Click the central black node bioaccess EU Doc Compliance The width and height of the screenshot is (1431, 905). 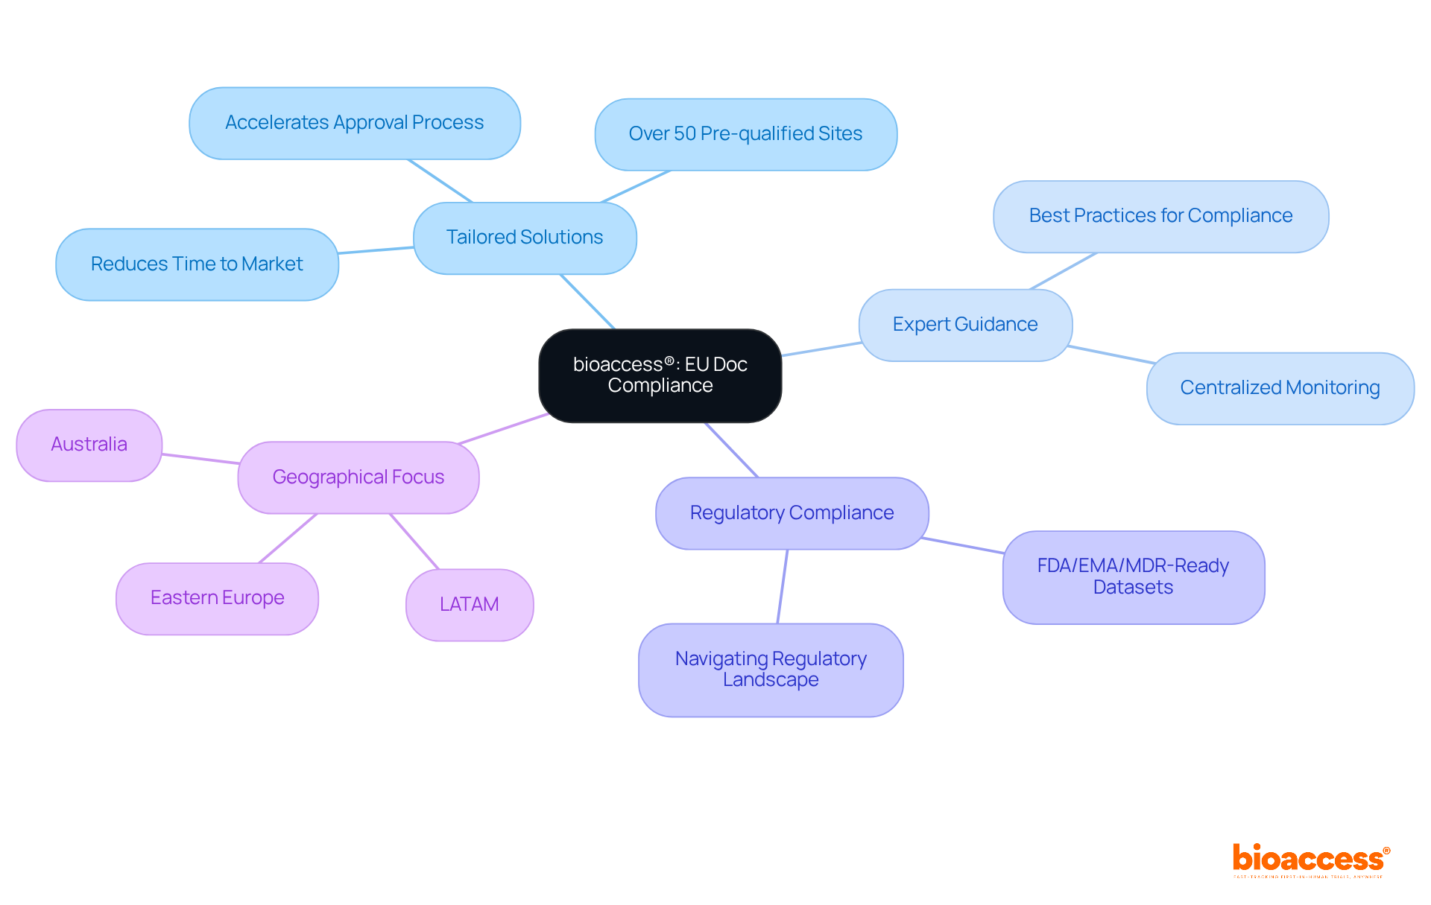660,375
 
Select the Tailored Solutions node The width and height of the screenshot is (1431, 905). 525,238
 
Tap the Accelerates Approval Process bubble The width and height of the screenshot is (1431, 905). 355,123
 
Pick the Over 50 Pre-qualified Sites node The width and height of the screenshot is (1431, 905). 745,134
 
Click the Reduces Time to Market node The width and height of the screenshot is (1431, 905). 197,264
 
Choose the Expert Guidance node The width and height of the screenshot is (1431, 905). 965,325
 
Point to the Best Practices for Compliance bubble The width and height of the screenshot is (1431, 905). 1160,216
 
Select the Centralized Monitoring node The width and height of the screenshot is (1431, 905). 1280,388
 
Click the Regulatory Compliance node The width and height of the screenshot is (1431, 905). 792,513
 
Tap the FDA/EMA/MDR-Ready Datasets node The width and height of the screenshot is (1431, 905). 1133,577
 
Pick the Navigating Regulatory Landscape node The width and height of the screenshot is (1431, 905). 771,670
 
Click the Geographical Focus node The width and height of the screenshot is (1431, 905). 358,477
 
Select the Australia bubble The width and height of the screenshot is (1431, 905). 89,445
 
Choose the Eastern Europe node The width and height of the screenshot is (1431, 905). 217,598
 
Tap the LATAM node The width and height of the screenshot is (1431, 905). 470,605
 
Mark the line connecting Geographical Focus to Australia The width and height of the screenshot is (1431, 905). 200,459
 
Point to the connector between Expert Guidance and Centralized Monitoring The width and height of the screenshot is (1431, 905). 1111,355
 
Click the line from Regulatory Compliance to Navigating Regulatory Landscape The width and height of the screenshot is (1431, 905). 783,586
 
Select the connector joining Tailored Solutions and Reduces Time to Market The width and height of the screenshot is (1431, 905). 376,250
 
